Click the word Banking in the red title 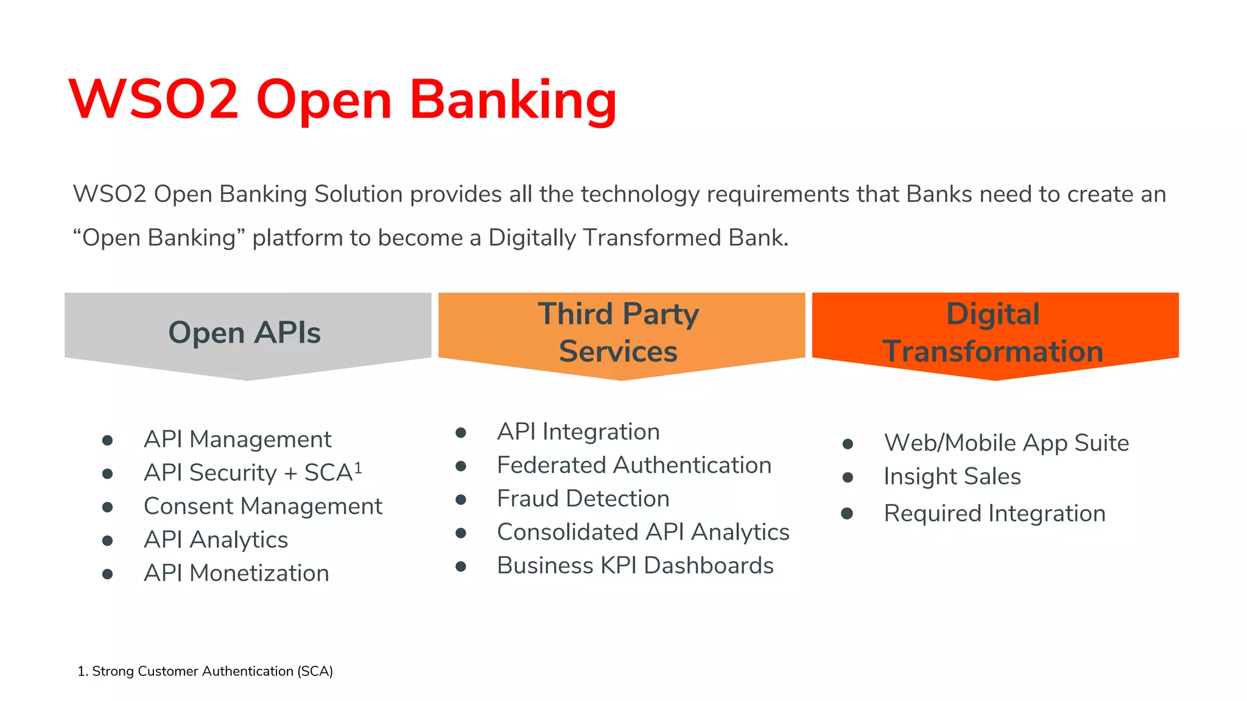click(513, 100)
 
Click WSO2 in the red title click(153, 100)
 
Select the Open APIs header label click(244, 333)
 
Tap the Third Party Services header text click(619, 333)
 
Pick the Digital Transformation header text click(993, 333)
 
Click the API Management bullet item click(237, 439)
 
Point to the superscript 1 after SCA click(358, 467)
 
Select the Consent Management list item click(263, 506)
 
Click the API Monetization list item click(236, 573)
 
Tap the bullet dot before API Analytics click(108, 540)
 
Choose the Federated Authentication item click(634, 466)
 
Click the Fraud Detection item click(583, 499)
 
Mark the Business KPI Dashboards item click(635, 566)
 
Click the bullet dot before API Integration click(461, 433)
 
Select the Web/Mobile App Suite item click(1006, 443)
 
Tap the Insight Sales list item click(952, 476)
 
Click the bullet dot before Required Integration click(847, 514)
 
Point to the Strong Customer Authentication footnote click(205, 671)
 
